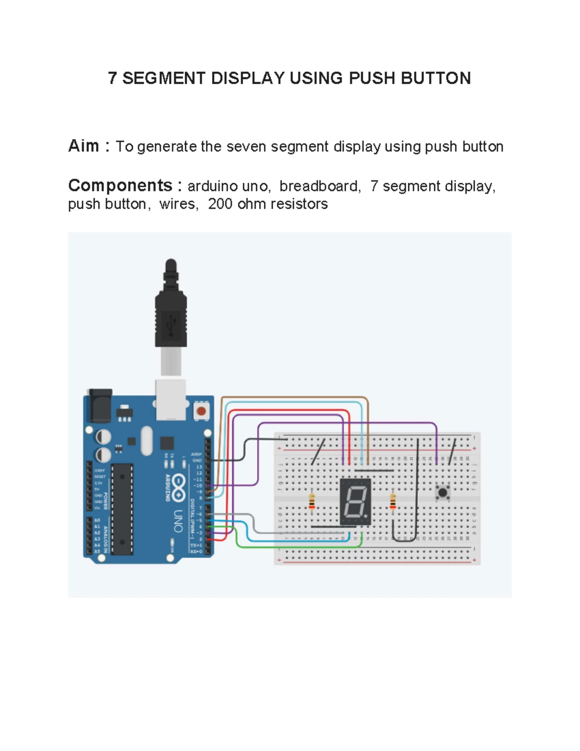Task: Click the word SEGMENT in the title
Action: pyautogui.click(x=164, y=78)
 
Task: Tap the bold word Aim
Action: pyautogui.click(x=84, y=146)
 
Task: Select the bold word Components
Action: pyautogui.click(x=120, y=185)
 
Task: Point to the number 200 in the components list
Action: pyautogui.click(x=220, y=204)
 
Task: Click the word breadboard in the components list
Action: pyautogui.click(x=319, y=186)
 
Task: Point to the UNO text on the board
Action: pyautogui.click(x=178, y=521)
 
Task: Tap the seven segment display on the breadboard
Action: pyautogui.click(x=355, y=501)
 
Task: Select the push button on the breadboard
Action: pyautogui.click(x=442, y=493)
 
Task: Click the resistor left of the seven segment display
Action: pyautogui.click(x=312, y=501)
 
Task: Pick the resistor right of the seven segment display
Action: pyautogui.click(x=392, y=501)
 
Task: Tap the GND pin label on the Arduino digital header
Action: pyautogui.click(x=197, y=460)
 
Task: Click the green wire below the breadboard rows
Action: pyautogui.click(x=300, y=546)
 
